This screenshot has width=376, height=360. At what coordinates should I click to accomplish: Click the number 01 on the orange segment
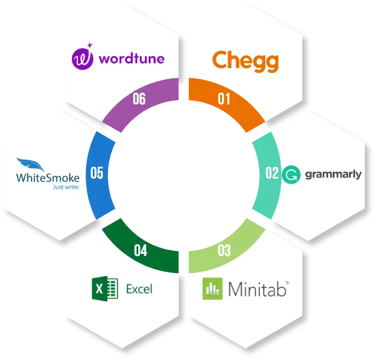[x=224, y=99]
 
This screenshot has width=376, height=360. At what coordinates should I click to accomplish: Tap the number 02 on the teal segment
[x=272, y=172]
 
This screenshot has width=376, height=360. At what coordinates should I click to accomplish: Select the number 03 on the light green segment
[x=224, y=250]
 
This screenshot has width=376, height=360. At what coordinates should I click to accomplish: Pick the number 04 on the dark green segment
[x=141, y=250]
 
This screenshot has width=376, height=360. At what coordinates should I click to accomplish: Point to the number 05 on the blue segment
[x=97, y=172]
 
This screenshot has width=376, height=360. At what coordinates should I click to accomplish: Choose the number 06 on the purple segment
[x=139, y=99]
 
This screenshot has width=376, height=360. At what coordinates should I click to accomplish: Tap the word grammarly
[x=333, y=174]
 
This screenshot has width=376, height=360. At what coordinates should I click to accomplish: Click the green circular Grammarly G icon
[x=291, y=174]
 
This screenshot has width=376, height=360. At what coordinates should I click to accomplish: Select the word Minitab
[x=258, y=290]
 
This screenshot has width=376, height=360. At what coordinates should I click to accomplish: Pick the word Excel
[x=139, y=289]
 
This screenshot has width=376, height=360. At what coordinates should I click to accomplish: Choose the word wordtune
[x=130, y=58]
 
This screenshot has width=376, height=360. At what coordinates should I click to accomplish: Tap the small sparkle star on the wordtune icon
[x=90, y=47]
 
